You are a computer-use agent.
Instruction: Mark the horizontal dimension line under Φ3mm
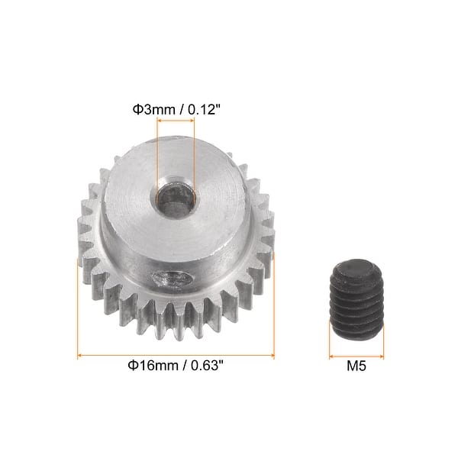click(175, 129)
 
